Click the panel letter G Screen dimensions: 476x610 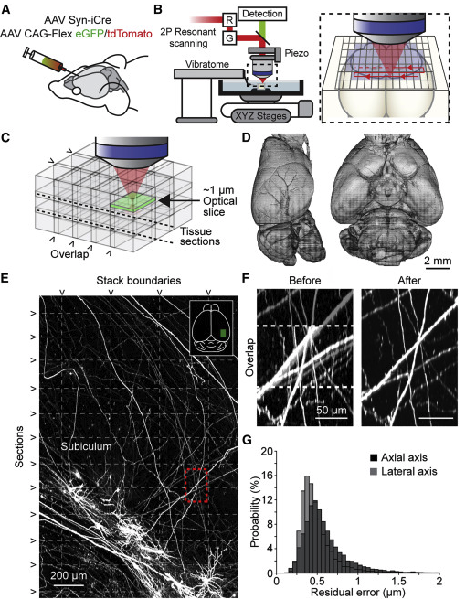click(247, 440)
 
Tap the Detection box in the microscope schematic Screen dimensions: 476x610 click(262, 14)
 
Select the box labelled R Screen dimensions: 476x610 click(228, 18)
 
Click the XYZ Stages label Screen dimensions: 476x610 click(261, 115)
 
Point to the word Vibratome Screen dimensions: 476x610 click(206, 64)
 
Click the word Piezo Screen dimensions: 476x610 click(297, 52)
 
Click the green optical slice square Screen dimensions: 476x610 click(132, 202)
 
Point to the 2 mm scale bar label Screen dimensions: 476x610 click(438, 261)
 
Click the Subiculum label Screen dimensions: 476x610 click(86, 446)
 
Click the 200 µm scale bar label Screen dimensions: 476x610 click(69, 575)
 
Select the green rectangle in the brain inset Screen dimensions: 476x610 click(223, 334)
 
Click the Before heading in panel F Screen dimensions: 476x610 click(305, 281)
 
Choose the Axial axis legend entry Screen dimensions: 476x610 click(398, 457)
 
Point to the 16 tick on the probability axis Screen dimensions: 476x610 click(266, 476)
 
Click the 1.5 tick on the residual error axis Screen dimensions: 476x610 click(398, 582)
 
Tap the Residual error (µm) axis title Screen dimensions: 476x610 click(357, 593)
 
